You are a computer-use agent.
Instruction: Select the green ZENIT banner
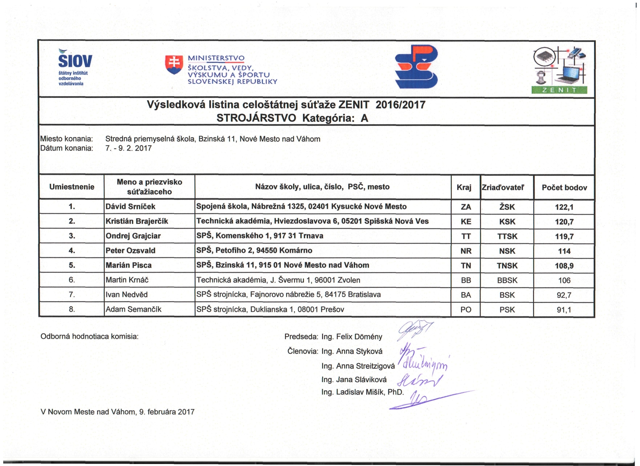[559, 90]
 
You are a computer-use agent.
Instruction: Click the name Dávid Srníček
[130, 207]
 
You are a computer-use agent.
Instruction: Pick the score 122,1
[564, 207]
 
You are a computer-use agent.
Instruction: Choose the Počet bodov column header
[564, 188]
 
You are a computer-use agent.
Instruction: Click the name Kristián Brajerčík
[137, 221]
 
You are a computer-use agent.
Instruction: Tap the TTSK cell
[507, 236]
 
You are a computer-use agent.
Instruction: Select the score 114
[564, 251]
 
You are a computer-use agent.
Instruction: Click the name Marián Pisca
[128, 265]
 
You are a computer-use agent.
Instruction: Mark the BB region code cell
[466, 280]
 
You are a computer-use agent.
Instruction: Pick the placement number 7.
[72, 294]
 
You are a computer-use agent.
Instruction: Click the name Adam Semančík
[133, 309]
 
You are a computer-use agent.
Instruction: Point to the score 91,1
[564, 310]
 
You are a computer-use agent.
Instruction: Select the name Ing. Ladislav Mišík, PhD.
[362, 392]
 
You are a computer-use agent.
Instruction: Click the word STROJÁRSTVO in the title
[256, 118]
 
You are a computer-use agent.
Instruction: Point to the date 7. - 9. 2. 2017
[128, 148]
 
